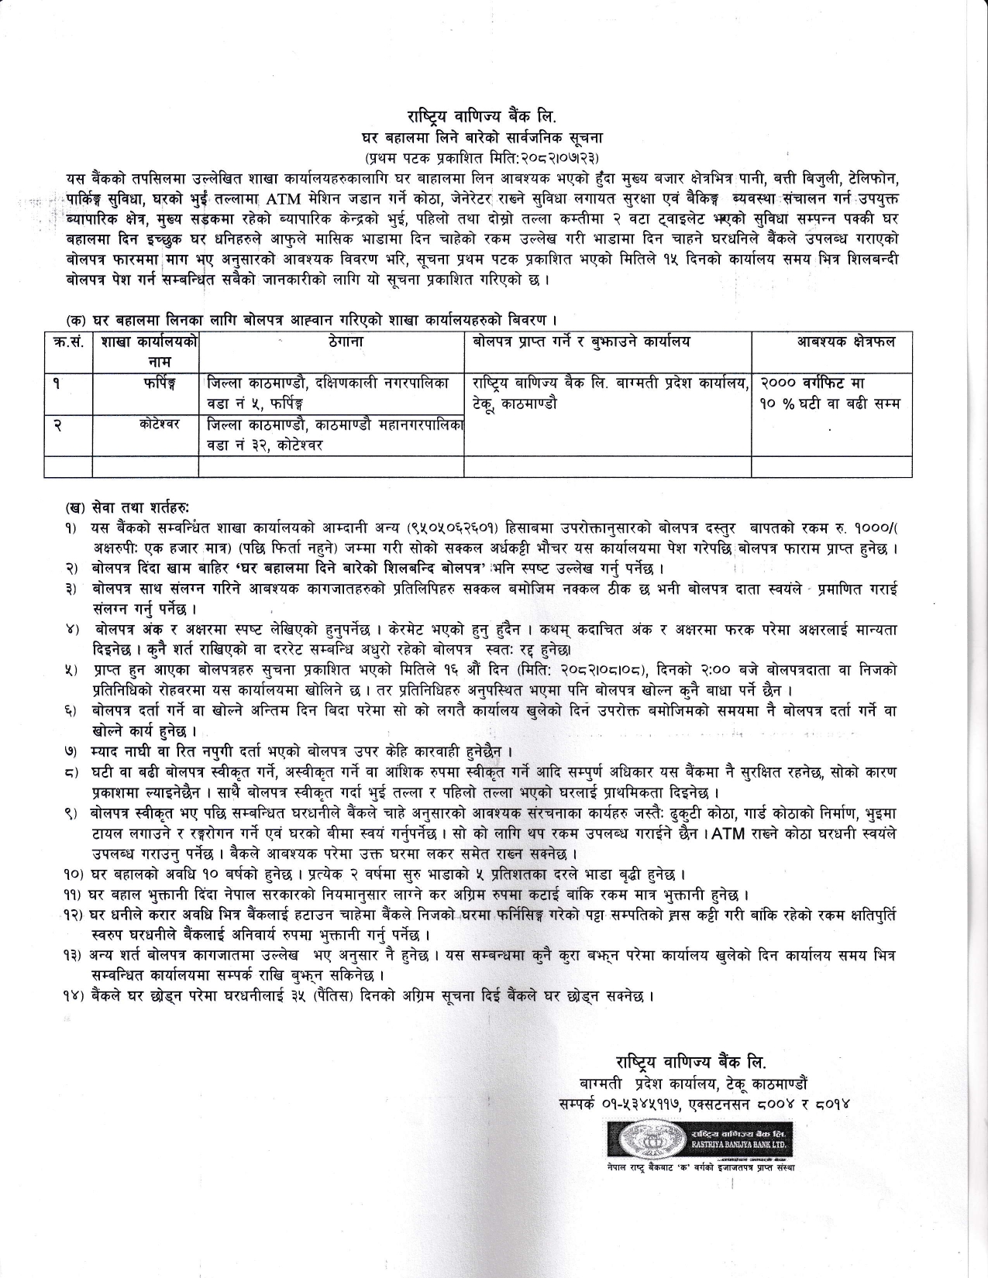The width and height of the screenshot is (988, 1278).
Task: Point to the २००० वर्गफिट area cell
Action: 814,383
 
